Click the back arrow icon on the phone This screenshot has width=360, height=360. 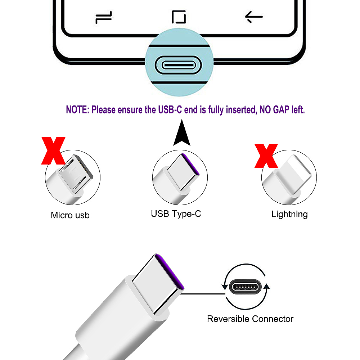pos(254,17)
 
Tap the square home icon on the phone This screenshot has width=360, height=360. pos(179,17)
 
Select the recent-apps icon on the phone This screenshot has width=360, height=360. pos(104,17)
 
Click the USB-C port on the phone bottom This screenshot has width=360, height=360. pos(178,65)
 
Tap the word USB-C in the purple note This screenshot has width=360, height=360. pos(170,109)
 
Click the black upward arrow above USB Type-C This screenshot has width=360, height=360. pos(181,132)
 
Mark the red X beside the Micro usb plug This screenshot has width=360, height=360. pos(53,150)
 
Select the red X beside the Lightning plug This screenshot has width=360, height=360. pos(266,156)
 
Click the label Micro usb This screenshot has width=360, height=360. pos(70,215)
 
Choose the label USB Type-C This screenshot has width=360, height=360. pos(176,214)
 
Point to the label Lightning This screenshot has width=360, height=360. pos(289,214)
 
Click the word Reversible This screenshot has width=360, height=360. pos(228,319)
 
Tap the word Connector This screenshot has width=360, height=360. pos(273,319)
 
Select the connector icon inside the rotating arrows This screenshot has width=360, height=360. pos(246,287)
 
